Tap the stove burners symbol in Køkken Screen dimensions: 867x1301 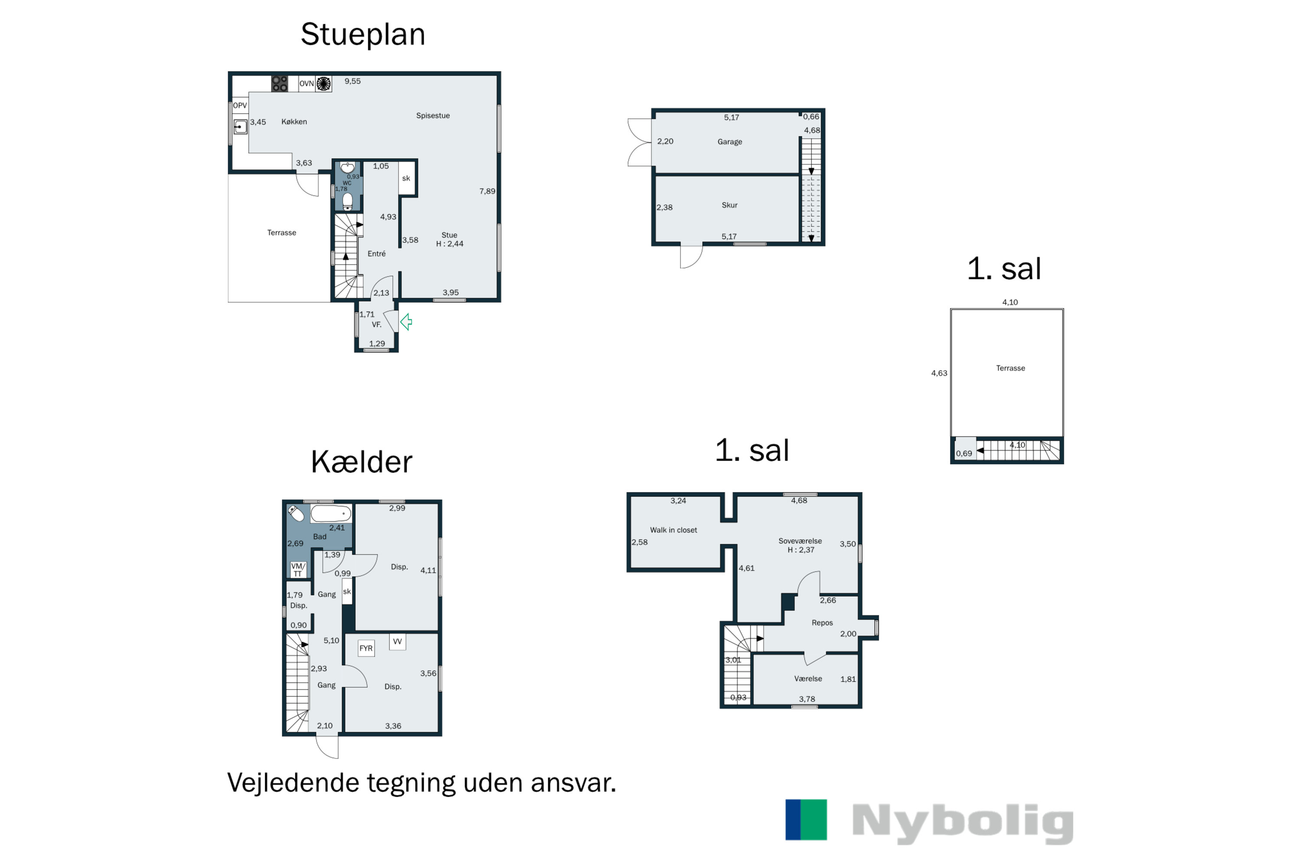coord(279,84)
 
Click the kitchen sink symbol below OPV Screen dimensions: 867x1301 coord(240,127)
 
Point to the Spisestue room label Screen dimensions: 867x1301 coord(432,116)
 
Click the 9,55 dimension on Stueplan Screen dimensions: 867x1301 coord(352,81)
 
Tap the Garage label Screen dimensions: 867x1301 coord(729,142)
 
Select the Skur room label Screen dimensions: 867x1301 coord(729,205)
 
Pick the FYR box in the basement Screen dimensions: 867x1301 coord(366,648)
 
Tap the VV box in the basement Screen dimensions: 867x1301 coord(397,642)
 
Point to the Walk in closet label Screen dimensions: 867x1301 coord(673,530)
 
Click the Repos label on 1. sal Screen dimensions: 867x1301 coord(822,623)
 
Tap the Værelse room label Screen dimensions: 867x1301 coord(807,678)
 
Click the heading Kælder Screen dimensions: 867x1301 coord(361,462)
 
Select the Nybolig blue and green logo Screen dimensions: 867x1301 coord(806,819)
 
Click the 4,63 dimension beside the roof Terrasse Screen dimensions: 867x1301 coord(939,373)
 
